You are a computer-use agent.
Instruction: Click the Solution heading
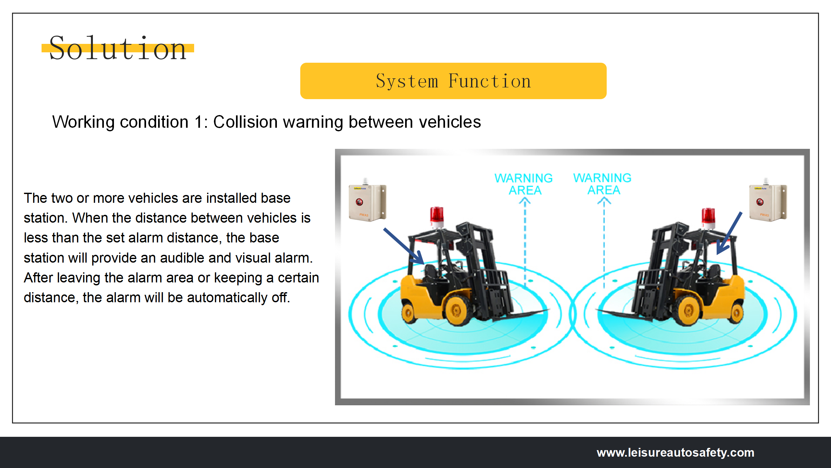(118, 49)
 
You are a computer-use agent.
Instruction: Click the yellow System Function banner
(453, 81)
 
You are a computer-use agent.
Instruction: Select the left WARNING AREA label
(524, 184)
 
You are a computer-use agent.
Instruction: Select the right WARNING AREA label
(602, 184)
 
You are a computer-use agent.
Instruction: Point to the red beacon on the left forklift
(437, 215)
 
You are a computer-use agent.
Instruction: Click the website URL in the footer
(675, 452)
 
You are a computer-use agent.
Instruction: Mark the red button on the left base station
(359, 202)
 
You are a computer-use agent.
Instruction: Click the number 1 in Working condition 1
(198, 122)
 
